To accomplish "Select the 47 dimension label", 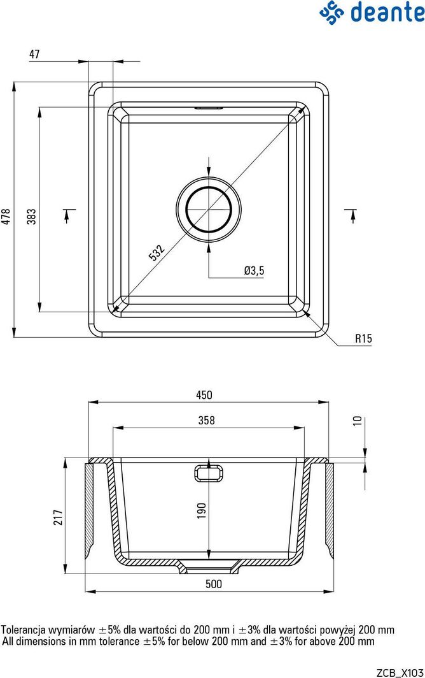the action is coord(34,54).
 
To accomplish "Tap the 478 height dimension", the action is coord(6,216).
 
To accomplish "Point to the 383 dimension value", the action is coord(32,216).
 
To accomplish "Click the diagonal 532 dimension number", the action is coord(157,252).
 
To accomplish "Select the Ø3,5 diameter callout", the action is coord(254,271).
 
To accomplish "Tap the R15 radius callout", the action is coord(363,338).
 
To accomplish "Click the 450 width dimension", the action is coord(204,395).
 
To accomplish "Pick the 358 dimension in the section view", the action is coord(206,420).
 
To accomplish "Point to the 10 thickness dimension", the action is coord(357,421).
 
